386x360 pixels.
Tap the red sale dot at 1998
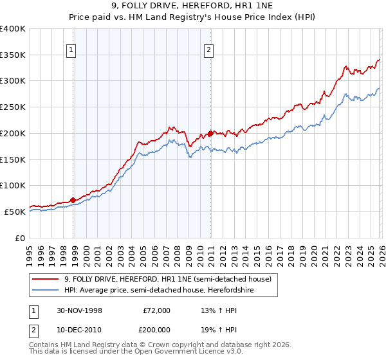tap(73, 200)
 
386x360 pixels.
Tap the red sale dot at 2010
tap(210, 133)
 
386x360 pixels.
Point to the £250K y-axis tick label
tap(13, 107)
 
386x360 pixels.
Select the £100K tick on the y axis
tap(13, 185)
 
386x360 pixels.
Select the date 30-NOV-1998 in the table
tap(79, 310)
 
